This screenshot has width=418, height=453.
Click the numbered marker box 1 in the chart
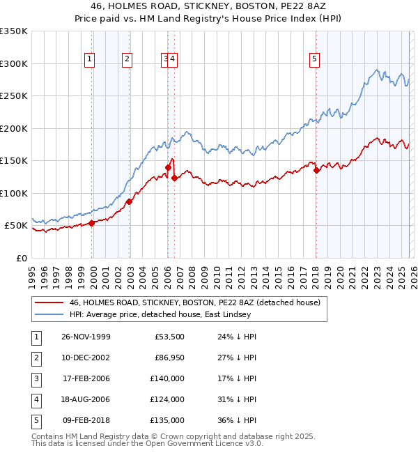click(91, 60)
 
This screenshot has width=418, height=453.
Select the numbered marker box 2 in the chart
click(127, 60)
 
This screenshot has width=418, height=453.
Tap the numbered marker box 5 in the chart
click(315, 60)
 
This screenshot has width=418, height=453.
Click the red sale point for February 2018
click(316, 169)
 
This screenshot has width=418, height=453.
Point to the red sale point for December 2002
click(130, 202)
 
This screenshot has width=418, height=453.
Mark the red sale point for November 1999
click(92, 223)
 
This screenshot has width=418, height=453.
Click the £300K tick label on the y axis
click(14, 63)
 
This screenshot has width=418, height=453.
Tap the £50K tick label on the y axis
click(16, 226)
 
